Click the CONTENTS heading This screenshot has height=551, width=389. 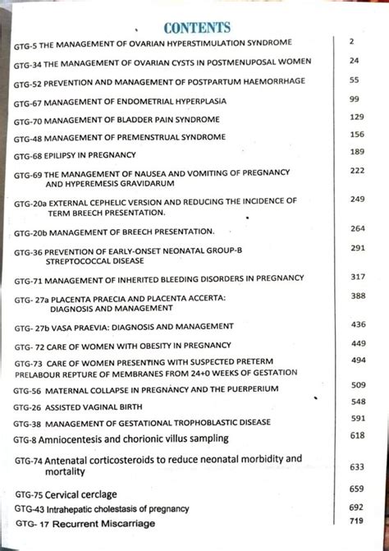(x=197, y=28)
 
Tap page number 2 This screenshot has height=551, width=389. (x=350, y=40)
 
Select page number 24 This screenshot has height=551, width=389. (x=354, y=61)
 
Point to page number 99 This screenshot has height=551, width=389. (x=355, y=99)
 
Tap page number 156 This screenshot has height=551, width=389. (x=356, y=134)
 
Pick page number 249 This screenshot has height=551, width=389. (x=357, y=200)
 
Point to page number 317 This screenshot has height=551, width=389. (x=357, y=278)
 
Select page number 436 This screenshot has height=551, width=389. (x=358, y=324)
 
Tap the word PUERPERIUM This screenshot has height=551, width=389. (x=255, y=389)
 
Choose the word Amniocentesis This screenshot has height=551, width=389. (x=80, y=439)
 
